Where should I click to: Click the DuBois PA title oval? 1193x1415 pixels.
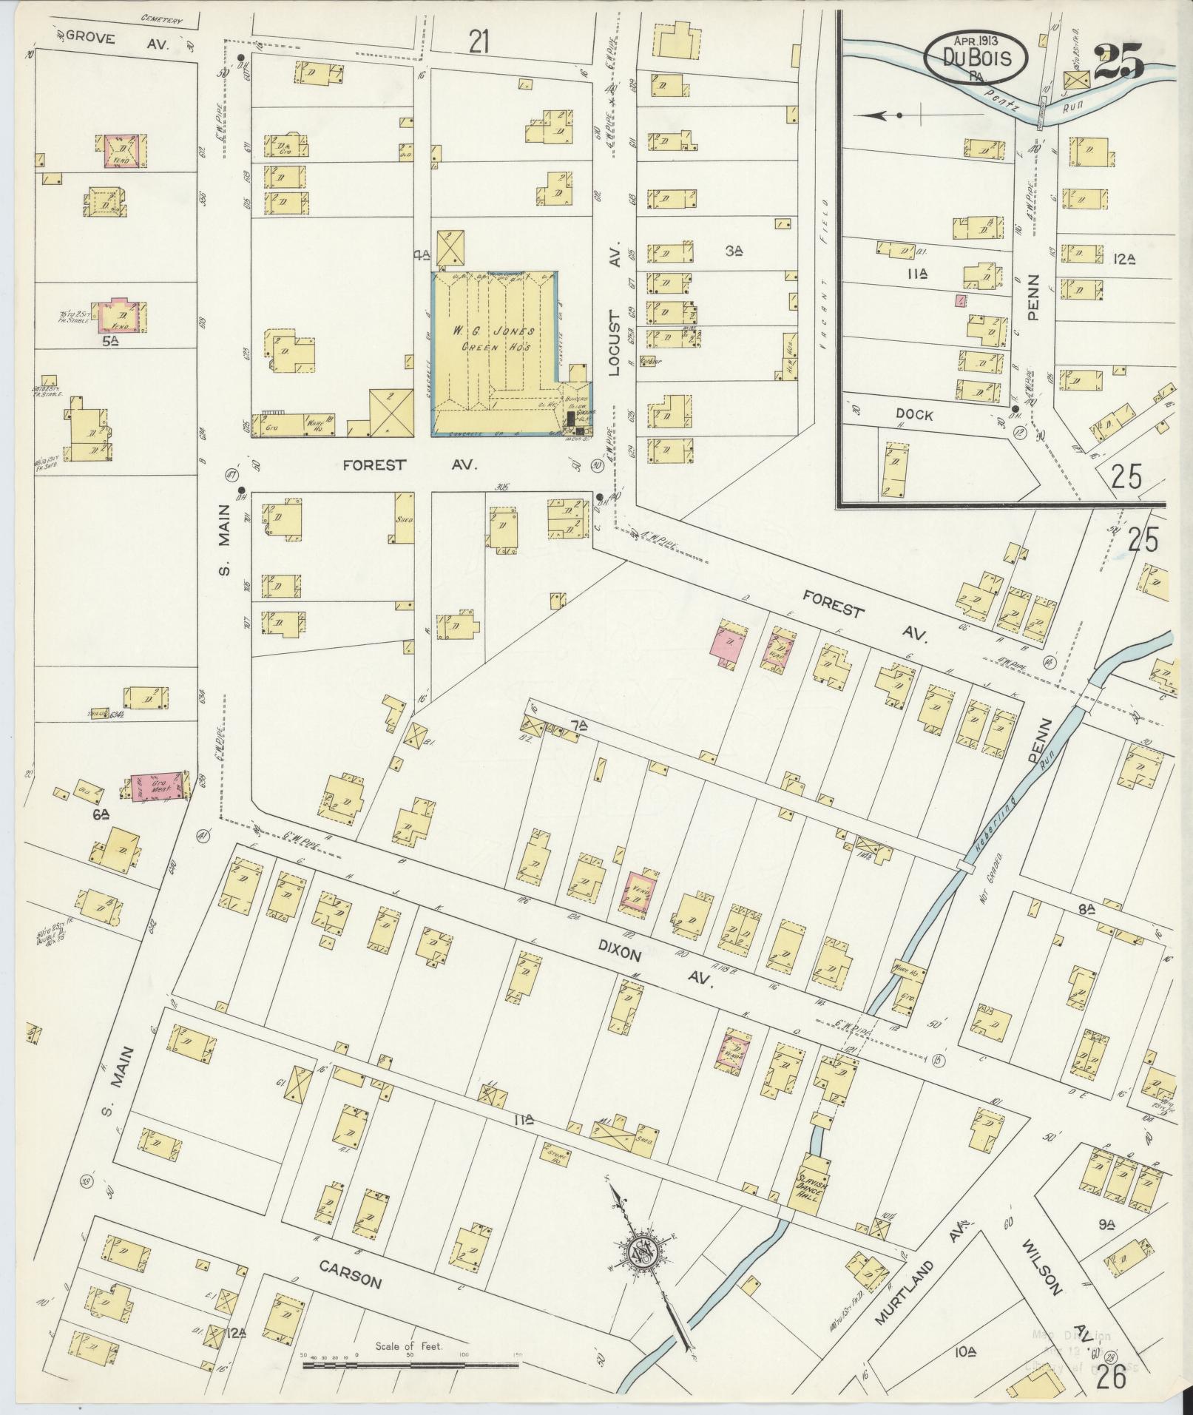coord(976,55)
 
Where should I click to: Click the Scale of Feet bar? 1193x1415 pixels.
coord(410,1362)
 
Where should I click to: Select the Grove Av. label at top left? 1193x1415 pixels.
coord(117,41)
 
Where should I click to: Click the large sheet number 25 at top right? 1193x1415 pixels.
coord(1118,61)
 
